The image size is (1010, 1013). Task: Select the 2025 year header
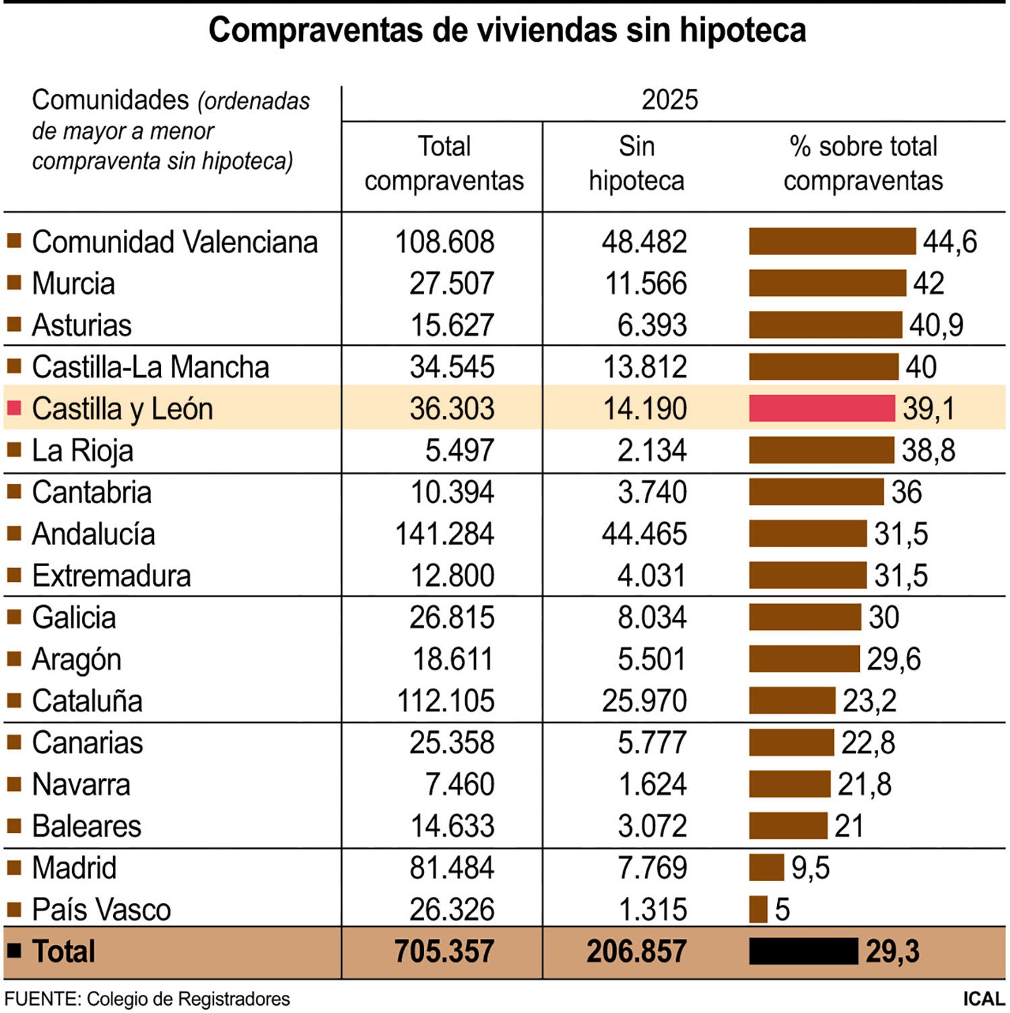(x=669, y=100)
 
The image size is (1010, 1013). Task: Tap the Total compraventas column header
(x=444, y=164)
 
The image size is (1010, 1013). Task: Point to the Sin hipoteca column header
(x=636, y=164)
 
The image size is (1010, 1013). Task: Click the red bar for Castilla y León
(x=821, y=409)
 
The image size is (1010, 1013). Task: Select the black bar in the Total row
(x=803, y=951)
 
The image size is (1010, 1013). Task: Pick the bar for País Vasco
(x=758, y=909)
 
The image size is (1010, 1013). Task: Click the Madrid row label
(x=74, y=868)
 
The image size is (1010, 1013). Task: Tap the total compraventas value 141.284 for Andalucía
(x=444, y=534)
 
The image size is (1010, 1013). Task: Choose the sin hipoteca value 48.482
(x=644, y=242)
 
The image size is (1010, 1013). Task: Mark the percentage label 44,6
(x=949, y=242)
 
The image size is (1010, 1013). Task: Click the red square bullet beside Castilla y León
(x=14, y=408)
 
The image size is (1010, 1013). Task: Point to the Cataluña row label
(x=87, y=701)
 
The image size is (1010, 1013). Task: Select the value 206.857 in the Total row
(x=636, y=952)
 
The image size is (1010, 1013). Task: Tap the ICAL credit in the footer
(x=983, y=999)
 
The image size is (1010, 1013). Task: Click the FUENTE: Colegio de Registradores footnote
(x=147, y=999)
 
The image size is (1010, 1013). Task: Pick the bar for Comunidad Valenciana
(x=832, y=242)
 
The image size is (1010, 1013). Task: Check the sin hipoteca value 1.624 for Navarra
(x=652, y=785)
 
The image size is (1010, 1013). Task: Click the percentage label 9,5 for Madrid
(x=810, y=868)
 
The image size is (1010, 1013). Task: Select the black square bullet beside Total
(x=14, y=950)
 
